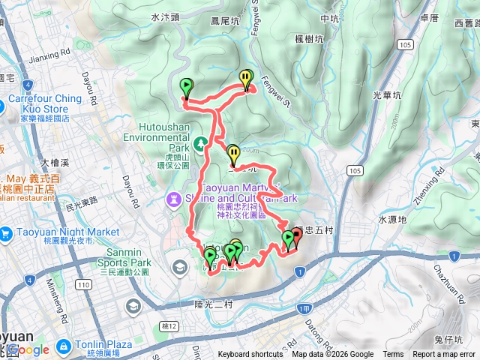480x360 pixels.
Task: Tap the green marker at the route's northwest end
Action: point(186,87)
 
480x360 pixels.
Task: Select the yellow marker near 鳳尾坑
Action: point(246,78)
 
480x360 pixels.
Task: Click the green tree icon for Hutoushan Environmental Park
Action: point(200,142)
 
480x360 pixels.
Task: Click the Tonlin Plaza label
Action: point(103,344)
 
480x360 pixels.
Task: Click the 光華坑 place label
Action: point(387,95)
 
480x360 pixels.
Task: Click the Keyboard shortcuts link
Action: point(251,355)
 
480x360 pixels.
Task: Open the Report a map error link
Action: point(443,355)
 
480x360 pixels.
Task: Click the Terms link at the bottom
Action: point(393,355)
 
